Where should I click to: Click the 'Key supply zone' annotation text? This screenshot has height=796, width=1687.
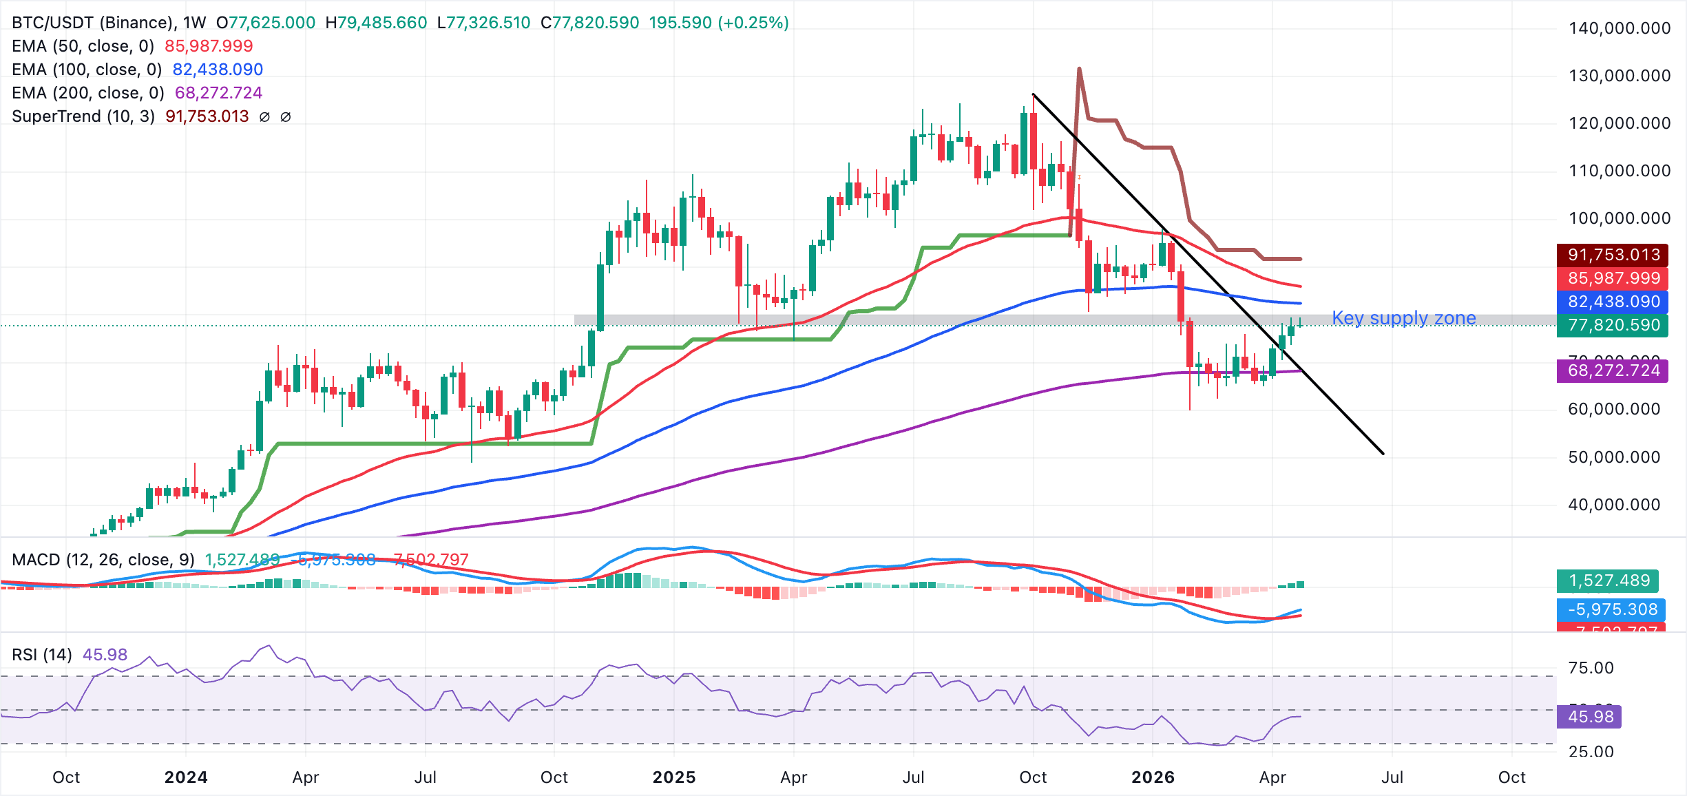1403,318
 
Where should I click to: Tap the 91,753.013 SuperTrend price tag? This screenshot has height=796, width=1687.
1613,255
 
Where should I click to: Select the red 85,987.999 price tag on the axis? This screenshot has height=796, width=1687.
1613,278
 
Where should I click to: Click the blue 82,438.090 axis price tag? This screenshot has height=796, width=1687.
1613,302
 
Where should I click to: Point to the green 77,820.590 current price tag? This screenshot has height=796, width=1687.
1613,325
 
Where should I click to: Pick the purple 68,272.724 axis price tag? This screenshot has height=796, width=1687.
1613,370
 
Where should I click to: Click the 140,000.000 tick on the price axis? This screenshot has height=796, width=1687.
1619,28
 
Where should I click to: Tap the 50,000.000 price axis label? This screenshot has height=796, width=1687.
1614,457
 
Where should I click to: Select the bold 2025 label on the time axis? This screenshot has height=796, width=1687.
673,777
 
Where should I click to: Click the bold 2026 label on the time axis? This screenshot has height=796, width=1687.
1153,777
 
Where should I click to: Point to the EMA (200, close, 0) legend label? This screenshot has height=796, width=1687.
88,93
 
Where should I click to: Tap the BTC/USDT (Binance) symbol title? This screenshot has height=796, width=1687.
92,23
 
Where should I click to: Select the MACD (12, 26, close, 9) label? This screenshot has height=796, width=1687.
103,560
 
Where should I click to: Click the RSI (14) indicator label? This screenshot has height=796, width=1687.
42,655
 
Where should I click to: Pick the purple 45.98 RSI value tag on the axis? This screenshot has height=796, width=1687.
1590,717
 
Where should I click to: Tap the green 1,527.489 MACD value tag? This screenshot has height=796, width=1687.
1609,580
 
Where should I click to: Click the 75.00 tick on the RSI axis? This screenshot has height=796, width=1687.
1591,668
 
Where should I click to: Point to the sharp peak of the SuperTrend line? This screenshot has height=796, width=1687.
1079,69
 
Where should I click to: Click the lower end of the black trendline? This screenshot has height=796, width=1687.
1383,454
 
